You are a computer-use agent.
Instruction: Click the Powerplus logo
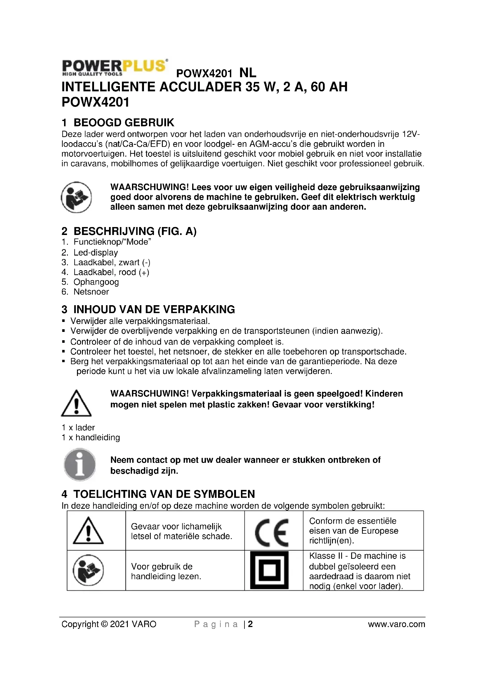pyautogui.click(x=114, y=67)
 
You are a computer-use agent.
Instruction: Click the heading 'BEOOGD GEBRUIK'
pyautogui.click(x=124, y=123)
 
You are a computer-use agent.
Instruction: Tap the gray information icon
pyautogui.click(x=80, y=465)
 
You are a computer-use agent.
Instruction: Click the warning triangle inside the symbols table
pyautogui.click(x=88, y=531)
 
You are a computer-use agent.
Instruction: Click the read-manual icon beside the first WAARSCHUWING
pyautogui.click(x=76, y=197)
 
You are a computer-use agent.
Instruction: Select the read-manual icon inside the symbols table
pyautogui.click(x=88, y=570)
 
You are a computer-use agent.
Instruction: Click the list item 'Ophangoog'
pyautogui.click(x=96, y=282)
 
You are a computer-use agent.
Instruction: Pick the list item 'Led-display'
pyautogui.click(x=96, y=253)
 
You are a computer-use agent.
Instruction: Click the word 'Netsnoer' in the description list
pyautogui.click(x=91, y=292)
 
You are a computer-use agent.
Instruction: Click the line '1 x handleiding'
pyautogui.click(x=91, y=437)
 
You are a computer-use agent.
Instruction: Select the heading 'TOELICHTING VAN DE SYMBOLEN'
pyautogui.click(x=164, y=494)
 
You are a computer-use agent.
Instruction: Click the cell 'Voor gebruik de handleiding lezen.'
pyautogui.click(x=166, y=571)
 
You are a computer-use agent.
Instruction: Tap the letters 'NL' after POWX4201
pyautogui.click(x=248, y=73)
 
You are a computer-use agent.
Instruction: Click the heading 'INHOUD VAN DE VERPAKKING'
pyautogui.click(x=154, y=309)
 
